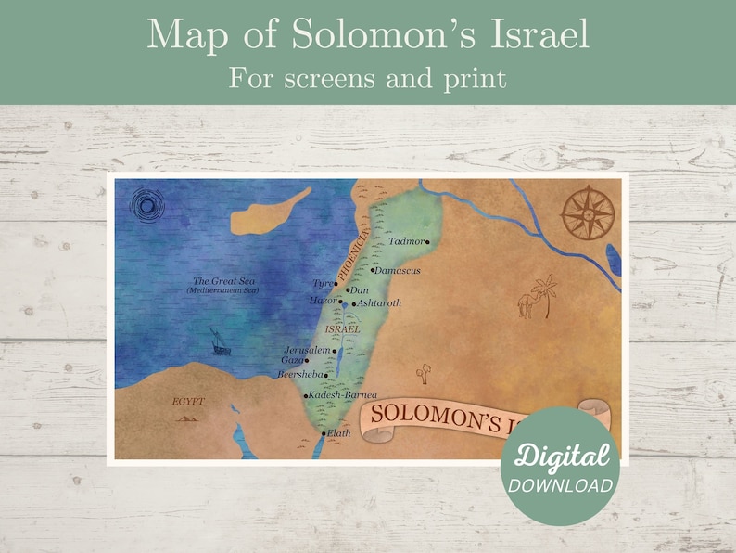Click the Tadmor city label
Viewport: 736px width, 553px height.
pos(406,241)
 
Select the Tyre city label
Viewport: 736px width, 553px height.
pos(322,283)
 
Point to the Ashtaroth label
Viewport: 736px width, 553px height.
pos(379,302)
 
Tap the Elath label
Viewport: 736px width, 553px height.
pos(338,432)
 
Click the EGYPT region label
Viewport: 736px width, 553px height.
pos(188,402)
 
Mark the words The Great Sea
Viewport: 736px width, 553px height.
pos(222,281)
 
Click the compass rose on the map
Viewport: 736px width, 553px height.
pos(588,212)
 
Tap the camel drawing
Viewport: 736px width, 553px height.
pos(527,303)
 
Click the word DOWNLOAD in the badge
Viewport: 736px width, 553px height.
pos(559,485)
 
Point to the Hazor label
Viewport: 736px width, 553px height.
pos(322,301)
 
